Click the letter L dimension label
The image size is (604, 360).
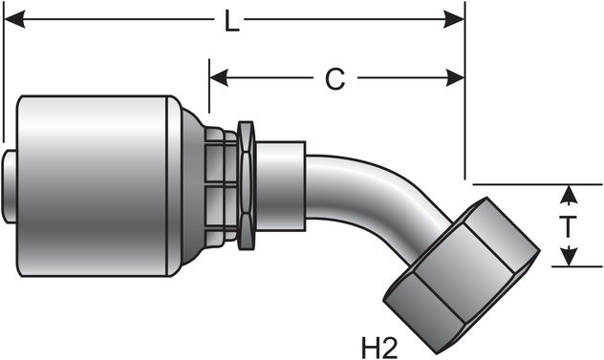[x=232, y=21]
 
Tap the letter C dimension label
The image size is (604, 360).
[x=334, y=79]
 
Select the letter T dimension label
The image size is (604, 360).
[x=567, y=226]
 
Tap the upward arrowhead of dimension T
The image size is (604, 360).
[x=568, y=194]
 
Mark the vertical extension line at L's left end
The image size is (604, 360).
[x=3, y=76]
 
